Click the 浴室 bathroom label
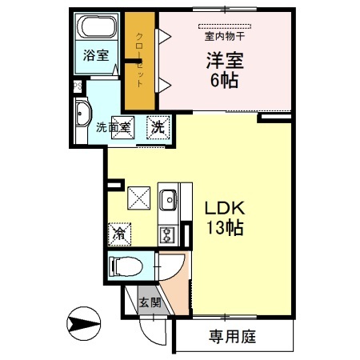tap(98, 56)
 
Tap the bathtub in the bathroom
tap(98, 30)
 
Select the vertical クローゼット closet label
tap(138, 57)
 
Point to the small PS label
tap(78, 86)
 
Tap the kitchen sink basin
tap(168, 200)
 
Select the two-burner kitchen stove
tap(168, 234)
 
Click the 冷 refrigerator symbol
tap(119, 234)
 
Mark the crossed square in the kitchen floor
tap(139, 196)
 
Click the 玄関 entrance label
tap(149, 302)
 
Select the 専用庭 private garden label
tap(232, 337)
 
